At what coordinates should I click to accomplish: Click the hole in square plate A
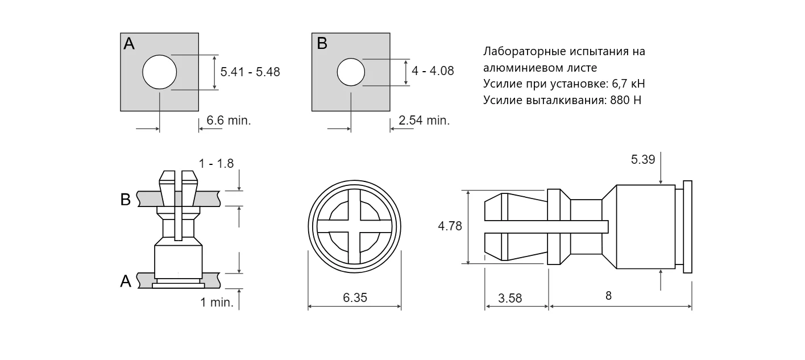coord(160,72)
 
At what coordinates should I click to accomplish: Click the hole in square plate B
coord(351,72)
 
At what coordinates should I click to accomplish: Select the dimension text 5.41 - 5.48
coord(250,72)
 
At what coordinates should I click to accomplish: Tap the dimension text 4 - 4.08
coord(433,71)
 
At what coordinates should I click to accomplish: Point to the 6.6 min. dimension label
coord(229,120)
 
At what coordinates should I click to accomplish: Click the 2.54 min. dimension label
coord(424,120)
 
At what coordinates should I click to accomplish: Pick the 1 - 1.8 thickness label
coord(217,164)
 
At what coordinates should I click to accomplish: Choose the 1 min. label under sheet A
coord(217,303)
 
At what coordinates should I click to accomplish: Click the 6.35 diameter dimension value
coord(355,298)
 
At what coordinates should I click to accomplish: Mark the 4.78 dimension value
coord(450,226)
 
